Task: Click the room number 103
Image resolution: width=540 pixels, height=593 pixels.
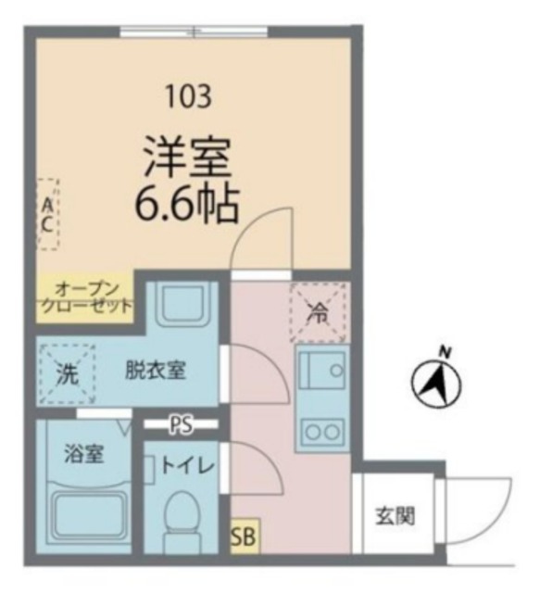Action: click(189, 95)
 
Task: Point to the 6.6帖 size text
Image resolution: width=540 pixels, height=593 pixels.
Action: click(186, 203)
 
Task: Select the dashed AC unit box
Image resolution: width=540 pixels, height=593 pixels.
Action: click(46, 213)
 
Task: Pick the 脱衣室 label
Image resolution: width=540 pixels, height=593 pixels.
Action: click(156, 371)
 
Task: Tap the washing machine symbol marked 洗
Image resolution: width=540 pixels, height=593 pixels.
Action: click(67, 372)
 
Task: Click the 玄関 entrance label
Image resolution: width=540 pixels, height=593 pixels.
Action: click(395, 516)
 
